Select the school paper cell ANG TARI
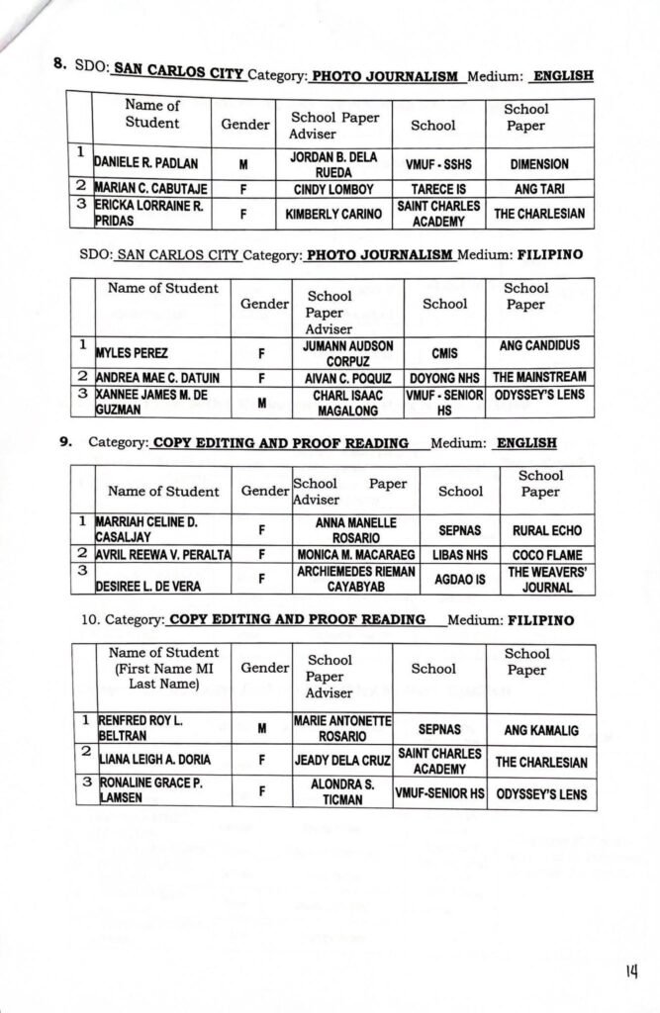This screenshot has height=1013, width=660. coord(539,187)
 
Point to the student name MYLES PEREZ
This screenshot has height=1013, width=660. coord(132,352)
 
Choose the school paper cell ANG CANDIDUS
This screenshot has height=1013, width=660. coord(539,345)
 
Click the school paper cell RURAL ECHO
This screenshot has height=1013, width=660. coord(539,530)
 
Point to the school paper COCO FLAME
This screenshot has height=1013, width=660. coord(539,555)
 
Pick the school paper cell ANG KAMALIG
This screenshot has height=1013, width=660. coord(541,730)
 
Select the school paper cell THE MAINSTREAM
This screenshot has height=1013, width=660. coord(539,377)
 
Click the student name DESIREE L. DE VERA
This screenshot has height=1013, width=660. coord(148,586)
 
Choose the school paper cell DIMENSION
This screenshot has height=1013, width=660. coord(539,164)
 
